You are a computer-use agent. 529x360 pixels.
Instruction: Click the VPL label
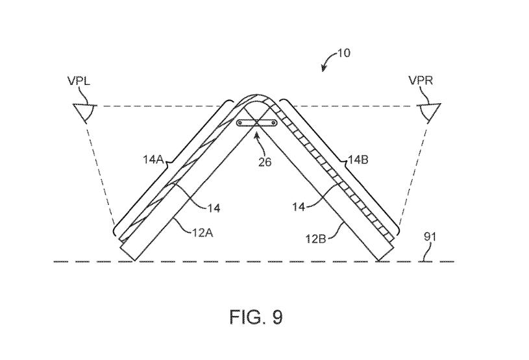[79, 81]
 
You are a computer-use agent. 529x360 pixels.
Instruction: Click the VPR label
[421, 81]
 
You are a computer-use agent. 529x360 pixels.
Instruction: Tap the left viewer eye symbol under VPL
[84, 112]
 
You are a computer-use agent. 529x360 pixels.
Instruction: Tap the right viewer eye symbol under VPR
[429, 112]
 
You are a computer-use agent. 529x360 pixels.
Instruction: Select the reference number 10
[343, 53]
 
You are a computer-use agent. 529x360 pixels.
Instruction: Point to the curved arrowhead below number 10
[323, 68]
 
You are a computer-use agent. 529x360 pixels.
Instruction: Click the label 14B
[358, 160]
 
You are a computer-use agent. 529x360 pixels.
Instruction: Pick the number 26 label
[265, 162]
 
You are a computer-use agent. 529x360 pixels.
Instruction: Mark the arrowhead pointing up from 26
[257, 136]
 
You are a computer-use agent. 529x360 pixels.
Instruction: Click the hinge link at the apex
[257, 123]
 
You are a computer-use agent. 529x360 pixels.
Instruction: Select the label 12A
[203, 233]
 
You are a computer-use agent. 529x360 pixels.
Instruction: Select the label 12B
[316, 239]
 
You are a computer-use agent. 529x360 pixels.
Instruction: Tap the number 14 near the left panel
[214, 208]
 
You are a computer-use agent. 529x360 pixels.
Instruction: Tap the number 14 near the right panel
[299, 207]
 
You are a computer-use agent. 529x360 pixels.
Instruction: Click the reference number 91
[430, 237]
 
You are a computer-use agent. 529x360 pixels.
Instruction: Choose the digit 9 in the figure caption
[277, 317]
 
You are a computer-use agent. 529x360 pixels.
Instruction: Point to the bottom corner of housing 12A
[134, 261]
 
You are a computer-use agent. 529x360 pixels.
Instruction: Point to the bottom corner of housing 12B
[379, 261]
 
